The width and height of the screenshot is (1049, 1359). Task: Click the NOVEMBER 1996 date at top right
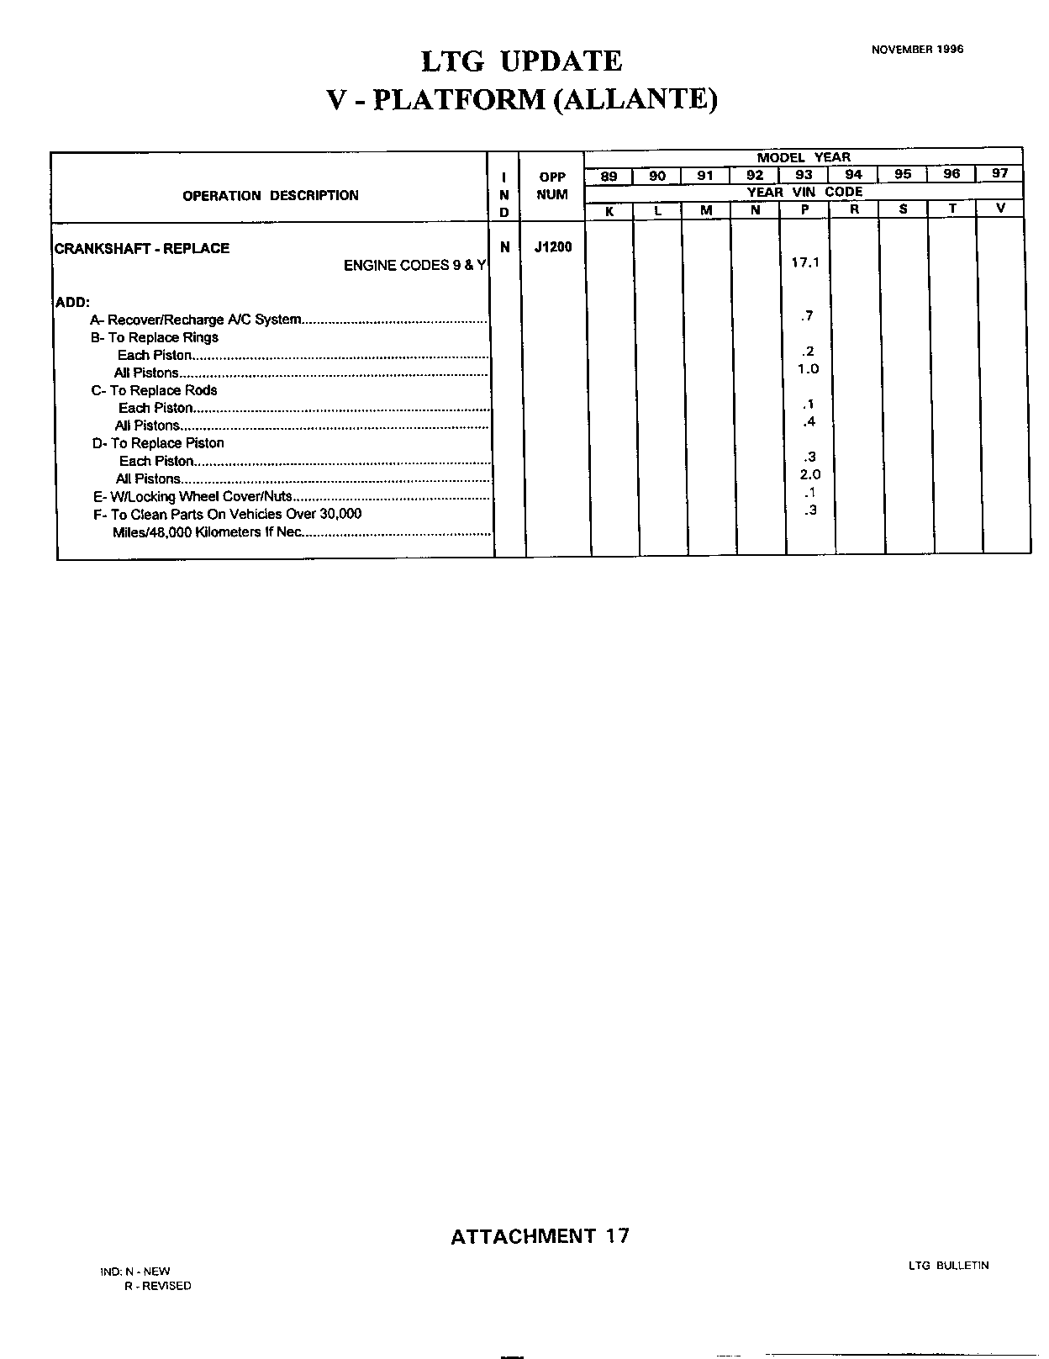click(917, 50)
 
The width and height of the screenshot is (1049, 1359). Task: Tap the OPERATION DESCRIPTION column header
click(270, 196)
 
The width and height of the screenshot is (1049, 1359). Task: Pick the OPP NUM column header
click(552, 186)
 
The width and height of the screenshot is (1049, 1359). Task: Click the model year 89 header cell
click(609, 176)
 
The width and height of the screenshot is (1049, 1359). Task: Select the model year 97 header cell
click(999, 174)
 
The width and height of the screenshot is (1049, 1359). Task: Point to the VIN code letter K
click(609, 211)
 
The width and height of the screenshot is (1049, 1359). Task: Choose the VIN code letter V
click(1000, 209)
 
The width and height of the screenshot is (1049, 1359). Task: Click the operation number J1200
click(552, 247)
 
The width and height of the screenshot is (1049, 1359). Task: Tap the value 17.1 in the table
click(804, 262)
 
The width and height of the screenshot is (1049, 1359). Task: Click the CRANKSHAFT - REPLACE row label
click(142, 248)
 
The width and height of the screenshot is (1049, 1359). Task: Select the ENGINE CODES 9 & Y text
click(414, 266)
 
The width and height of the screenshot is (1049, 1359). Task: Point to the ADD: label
click(72, 302)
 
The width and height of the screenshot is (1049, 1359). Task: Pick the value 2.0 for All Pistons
click(809, 475)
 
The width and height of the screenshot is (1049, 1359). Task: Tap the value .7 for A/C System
click(807, 316)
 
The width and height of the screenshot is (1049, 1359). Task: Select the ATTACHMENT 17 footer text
click(540, 1236)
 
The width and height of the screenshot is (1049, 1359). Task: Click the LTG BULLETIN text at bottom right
click(948, 1266)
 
